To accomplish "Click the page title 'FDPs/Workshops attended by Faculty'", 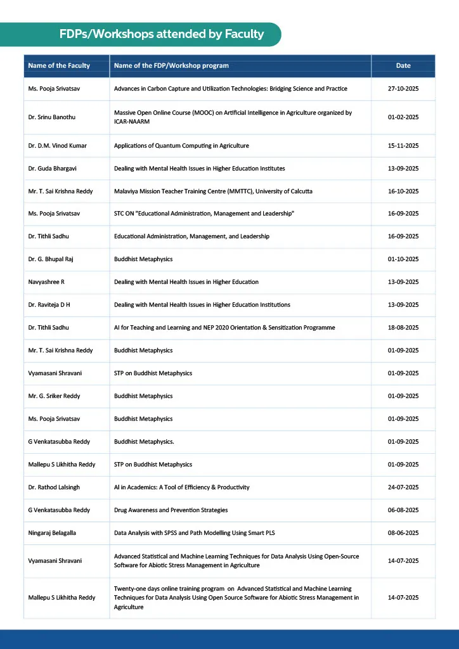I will coord(162,34).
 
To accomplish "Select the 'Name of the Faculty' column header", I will coord(59,66).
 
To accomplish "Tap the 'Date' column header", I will coord(403,66).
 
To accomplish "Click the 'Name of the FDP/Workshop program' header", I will coord(171,66).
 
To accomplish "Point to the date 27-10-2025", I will coord(403,89).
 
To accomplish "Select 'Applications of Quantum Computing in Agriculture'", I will coord(181,146).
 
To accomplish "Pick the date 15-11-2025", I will coord(403,146).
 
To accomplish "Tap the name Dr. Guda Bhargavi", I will coord(54,169).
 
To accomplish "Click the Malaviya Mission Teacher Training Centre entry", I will coord(213,191).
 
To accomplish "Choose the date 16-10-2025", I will coord(403,191).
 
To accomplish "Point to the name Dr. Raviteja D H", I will coord(49,305).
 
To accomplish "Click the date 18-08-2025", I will coord(403,328).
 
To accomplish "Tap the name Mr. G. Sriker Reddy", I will coord(54,396).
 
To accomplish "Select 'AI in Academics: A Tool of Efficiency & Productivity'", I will coord(181,487).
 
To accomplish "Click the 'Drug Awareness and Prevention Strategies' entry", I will coord(171,510).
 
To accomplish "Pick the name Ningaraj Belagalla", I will coord(55,533).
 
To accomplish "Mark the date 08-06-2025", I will coord(403,533).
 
